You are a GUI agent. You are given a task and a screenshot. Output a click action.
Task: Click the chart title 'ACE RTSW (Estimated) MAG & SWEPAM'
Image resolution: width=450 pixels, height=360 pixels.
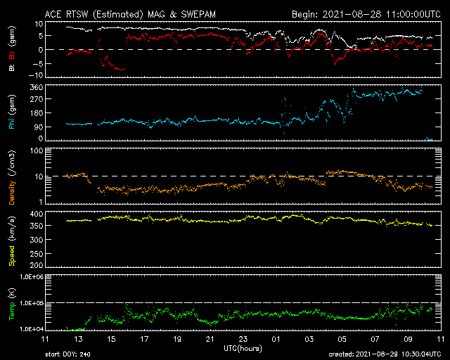click(x=130, y=14)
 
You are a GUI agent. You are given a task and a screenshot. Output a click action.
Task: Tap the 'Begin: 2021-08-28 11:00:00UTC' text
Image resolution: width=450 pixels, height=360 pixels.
click(x=366, y=14)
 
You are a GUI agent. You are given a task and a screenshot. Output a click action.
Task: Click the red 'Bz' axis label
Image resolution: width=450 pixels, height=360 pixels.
click(x=12, y=56)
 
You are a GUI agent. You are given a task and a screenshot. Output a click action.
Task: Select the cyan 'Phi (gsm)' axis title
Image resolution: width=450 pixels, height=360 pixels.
click(x=12, y=112)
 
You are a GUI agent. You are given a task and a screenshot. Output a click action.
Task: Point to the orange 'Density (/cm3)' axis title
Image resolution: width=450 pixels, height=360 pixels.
click(x=12, y=177)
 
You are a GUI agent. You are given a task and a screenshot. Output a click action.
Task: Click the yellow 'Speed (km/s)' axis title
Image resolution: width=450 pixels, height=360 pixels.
click(x=12, y=241)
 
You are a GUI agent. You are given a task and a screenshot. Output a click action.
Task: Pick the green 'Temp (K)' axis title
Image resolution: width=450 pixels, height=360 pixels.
click(x=12, y=304)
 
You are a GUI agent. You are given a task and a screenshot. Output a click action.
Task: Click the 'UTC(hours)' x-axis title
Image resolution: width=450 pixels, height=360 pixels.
click(x=243, y=349)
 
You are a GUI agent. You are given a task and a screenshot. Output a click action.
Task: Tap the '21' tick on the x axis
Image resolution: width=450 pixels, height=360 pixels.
click(x=210, y=339)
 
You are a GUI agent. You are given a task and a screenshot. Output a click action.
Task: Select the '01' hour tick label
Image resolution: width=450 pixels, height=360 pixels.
click(x=276, y=339)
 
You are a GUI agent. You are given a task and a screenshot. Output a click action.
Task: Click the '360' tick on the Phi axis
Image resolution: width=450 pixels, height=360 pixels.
click(x=37, y=87)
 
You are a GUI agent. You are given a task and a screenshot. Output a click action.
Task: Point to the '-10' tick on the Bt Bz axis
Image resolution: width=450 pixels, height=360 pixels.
click(x=36, y=75)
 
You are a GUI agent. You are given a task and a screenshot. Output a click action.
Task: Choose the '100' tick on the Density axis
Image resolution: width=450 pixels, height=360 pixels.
click(x=37, y=150)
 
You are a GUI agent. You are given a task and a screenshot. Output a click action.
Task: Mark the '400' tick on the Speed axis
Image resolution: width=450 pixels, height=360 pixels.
click(x=37, y=214)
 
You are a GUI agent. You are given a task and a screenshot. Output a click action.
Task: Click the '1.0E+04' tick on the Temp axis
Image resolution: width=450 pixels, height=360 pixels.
click(x=32, y=328)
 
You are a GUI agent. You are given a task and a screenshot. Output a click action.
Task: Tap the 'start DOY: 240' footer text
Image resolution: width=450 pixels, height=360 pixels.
click(x=67, y=354)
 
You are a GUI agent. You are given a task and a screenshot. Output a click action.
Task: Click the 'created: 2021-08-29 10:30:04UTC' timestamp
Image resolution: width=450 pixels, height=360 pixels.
click(x=385, y=354)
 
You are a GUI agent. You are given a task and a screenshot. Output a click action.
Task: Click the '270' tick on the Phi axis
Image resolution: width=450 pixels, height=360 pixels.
click(x=37, y=99)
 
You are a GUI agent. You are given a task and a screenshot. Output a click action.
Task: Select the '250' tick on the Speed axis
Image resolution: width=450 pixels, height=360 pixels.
click(x=37, y=254)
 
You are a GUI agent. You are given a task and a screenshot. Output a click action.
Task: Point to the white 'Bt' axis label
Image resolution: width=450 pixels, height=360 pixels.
click(x=12, y=67)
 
